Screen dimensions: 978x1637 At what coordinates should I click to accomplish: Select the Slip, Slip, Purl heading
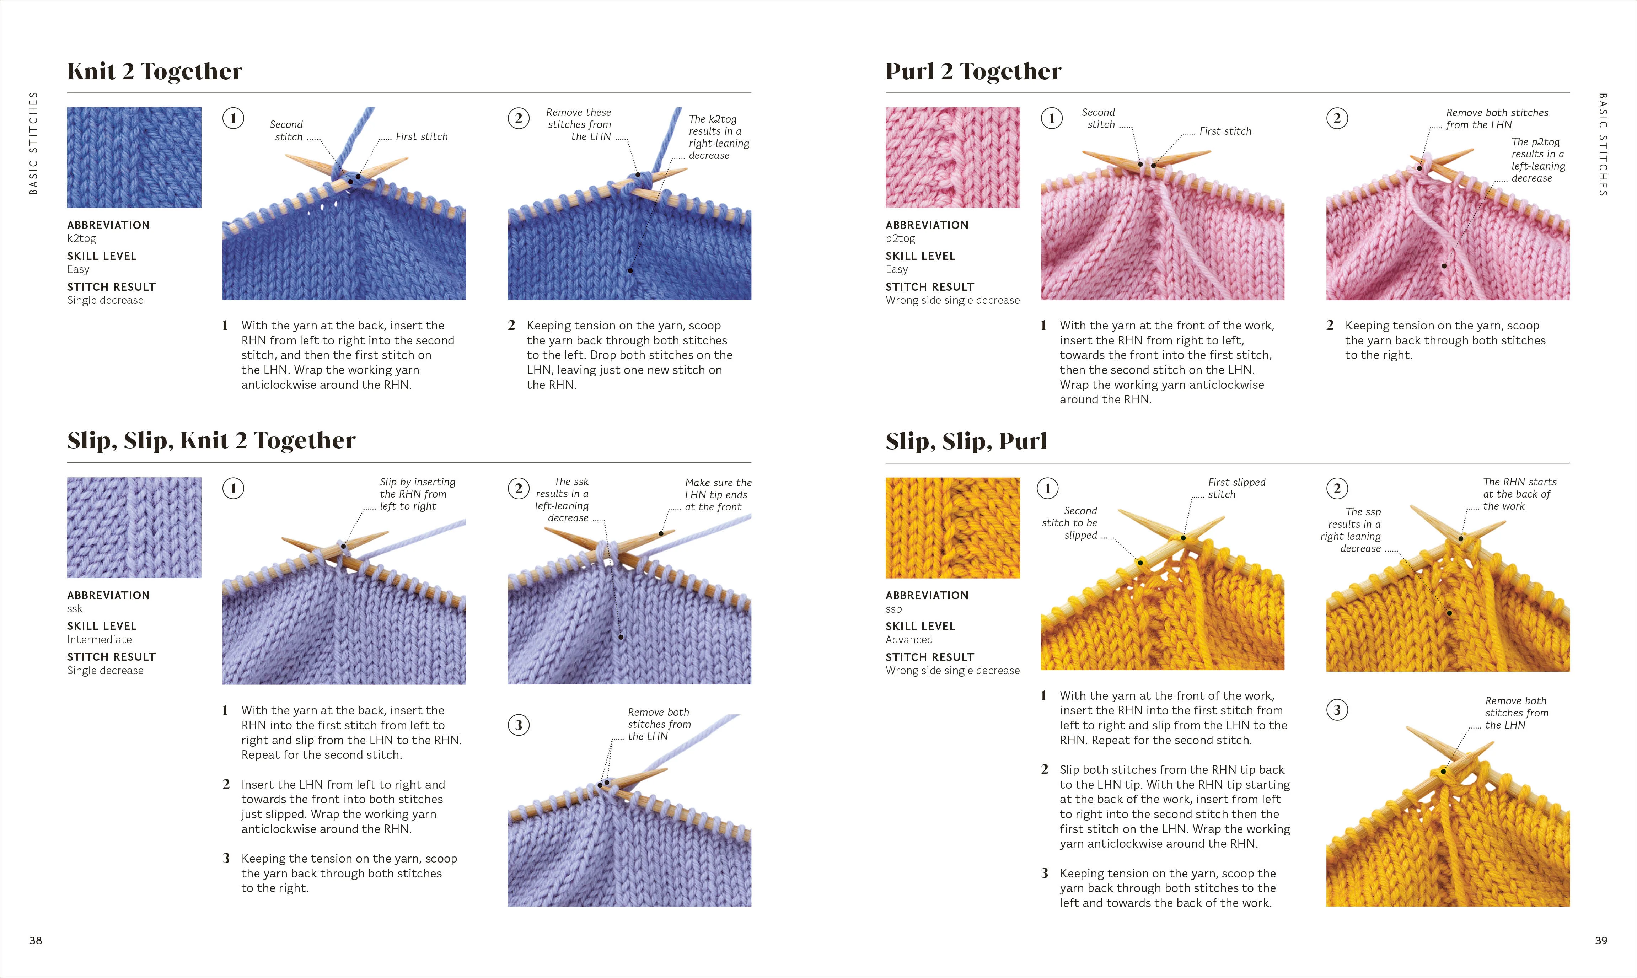coord(966,441)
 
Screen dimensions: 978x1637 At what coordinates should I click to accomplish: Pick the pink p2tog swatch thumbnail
coord(952,157)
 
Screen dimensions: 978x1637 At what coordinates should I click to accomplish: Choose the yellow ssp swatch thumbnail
coord(952,528)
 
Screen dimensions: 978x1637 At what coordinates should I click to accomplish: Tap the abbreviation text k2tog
coord(82,238)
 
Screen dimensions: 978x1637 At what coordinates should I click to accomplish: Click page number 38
coord(36,940)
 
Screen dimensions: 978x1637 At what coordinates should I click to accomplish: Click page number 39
coord(1601,940)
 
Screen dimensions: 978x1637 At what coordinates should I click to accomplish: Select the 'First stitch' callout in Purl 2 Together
coord(1224,131)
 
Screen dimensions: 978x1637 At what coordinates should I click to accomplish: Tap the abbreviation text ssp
coord(893,609)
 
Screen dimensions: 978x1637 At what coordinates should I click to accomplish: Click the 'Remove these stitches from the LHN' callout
coord(579,124)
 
